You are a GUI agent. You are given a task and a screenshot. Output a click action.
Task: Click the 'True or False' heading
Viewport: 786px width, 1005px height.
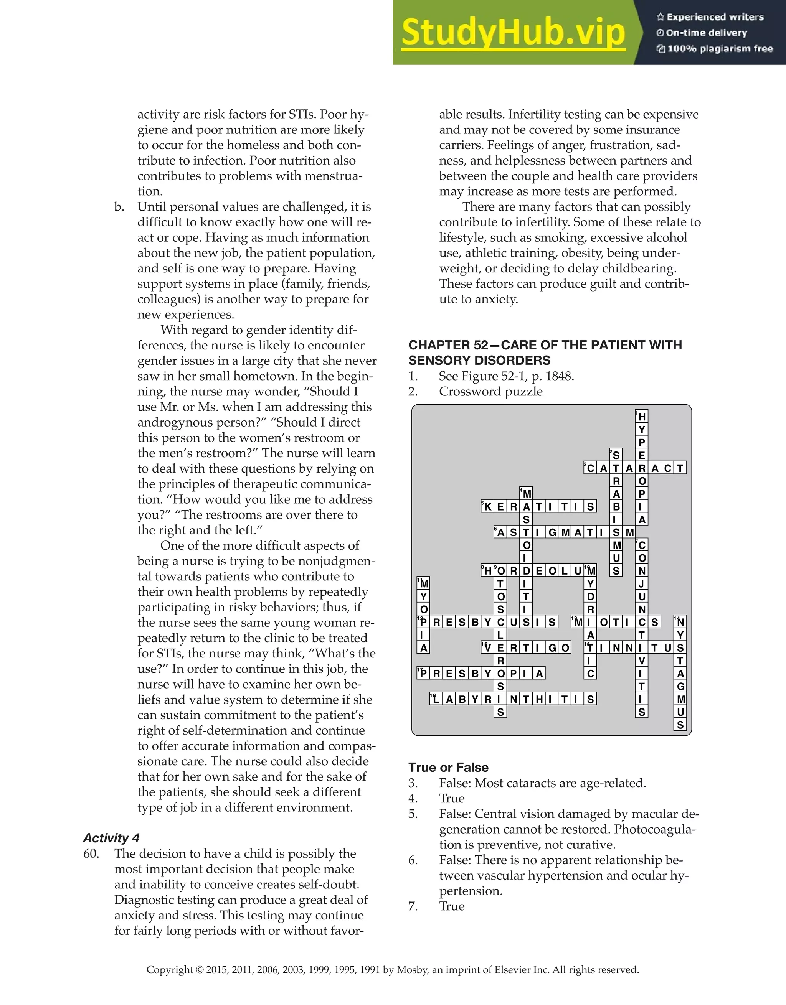tap(448, 768)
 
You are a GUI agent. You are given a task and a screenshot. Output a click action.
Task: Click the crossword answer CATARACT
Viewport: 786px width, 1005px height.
tap(635, 468)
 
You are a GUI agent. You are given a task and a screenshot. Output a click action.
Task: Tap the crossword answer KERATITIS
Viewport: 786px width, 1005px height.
tap(539, 507)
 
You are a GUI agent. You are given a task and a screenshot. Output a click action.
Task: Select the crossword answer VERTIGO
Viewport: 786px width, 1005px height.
tap(526, 648)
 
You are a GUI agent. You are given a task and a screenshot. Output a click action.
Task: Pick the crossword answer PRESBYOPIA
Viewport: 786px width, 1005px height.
tap(481, 674)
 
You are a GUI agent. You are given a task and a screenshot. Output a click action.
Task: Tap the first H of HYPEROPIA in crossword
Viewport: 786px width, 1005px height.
tap(641, 417)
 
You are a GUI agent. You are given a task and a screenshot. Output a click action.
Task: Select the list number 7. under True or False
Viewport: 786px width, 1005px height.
tap(413, 906)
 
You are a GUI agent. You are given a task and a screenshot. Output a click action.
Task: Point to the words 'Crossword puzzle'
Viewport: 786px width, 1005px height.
tap(490, 392)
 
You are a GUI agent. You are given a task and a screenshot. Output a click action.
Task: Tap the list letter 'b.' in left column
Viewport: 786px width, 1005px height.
tap(119, 207)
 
